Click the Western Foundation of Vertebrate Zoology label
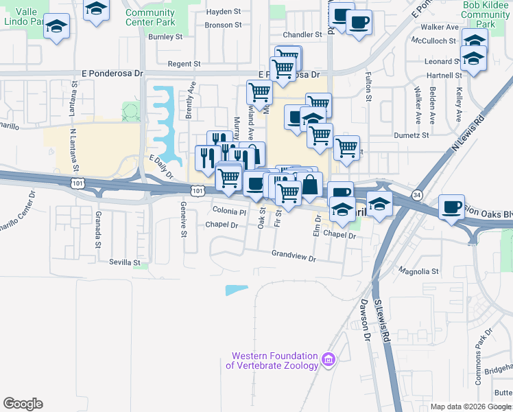[x=274, y=360]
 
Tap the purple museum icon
[x=328, y=360]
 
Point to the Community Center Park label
[x=150, y=17]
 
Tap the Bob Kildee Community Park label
[x=488, y=14]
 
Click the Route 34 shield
[x=418, y=195]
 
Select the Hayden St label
[x=223, y=12]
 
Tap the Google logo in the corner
[x=23, y=404]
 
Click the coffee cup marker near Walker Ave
[x=359, y=23]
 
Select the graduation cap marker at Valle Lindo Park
[x=57, y=28]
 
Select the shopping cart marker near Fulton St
[x=346, y=147]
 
